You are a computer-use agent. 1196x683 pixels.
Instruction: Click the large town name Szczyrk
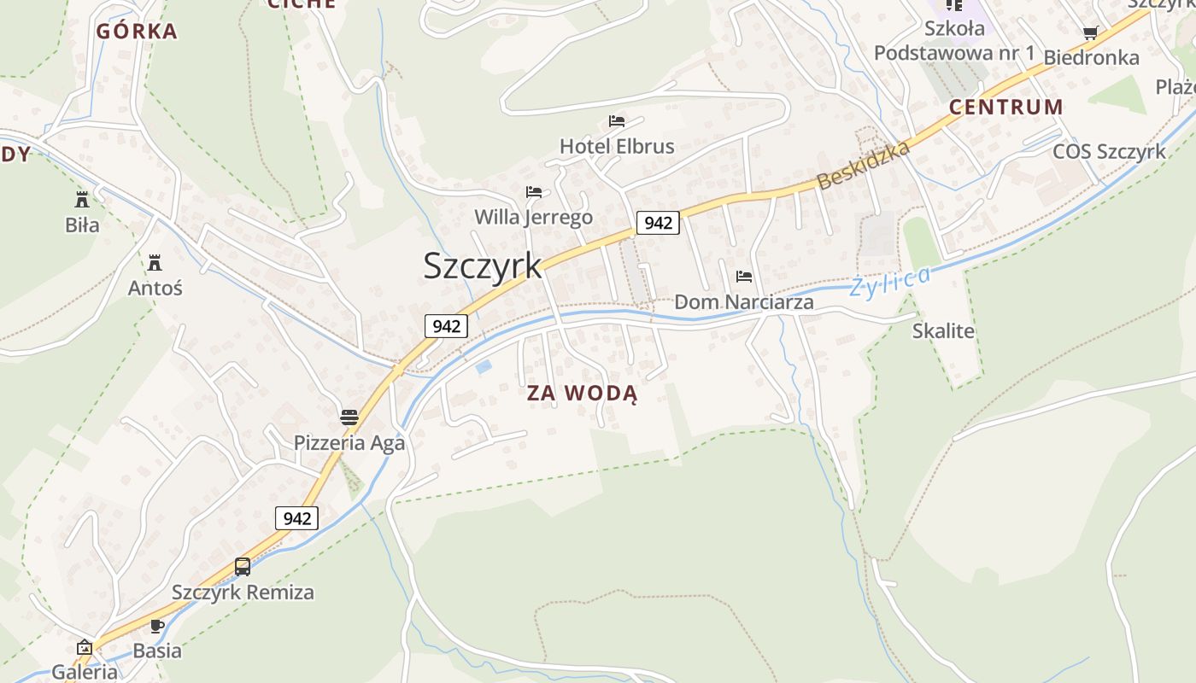tap(483, 266)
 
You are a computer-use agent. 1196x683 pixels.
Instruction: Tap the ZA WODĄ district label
tap(582, 394)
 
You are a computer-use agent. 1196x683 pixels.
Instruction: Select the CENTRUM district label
tap(1006, 108)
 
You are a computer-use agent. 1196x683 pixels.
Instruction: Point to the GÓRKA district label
tap(137, 32)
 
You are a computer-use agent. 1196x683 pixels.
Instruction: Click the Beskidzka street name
tap(863, 165)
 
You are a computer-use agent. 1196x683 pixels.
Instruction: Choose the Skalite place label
tap(943, 331)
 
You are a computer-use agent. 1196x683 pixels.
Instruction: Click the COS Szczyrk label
tap(1109, 152)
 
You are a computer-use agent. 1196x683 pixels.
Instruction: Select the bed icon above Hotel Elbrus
tap(617, 121)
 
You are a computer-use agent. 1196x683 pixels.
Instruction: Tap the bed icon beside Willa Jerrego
tap(534, 192)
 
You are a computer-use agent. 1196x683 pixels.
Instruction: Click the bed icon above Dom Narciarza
tap(744, 277)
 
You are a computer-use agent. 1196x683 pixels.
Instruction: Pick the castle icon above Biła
tap(82, 200)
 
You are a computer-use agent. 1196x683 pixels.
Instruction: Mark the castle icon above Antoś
tap(155, 262)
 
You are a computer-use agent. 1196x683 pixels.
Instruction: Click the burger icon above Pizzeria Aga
tap(349, 417)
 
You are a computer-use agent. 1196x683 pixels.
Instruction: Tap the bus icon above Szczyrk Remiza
tap(243, 567)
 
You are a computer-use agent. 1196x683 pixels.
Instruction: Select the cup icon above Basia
tap(157, 626)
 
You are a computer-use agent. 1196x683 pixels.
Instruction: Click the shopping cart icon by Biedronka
tap(1090, 33)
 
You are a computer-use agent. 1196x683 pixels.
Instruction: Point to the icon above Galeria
tap(85, 647)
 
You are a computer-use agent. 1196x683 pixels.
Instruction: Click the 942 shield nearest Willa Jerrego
tap(658, 223)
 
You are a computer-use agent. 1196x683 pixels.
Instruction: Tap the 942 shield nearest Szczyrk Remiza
tap(296, 518)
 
